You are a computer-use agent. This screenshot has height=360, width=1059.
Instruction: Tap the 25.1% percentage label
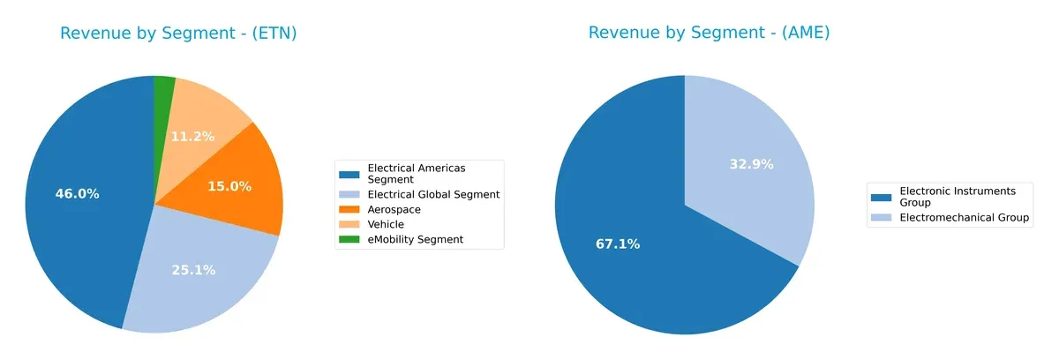tap(193, 270)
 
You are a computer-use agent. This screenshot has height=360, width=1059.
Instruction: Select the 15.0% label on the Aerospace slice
tap(229, 186)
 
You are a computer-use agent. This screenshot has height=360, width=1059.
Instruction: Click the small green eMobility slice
tap(164, 87)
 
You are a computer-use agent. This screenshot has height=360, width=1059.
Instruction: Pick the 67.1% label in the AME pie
tap(618, 244)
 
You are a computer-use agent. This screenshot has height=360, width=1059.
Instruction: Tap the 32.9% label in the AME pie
tap(751, 163)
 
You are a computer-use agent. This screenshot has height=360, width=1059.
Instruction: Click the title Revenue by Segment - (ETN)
tap(178, 34)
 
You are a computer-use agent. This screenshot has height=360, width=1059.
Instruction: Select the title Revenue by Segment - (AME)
tap(709, 34)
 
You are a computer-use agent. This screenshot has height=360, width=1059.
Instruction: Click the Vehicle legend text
tap(386, 225)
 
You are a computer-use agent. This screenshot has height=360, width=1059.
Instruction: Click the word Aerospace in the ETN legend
tap(394, 210)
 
